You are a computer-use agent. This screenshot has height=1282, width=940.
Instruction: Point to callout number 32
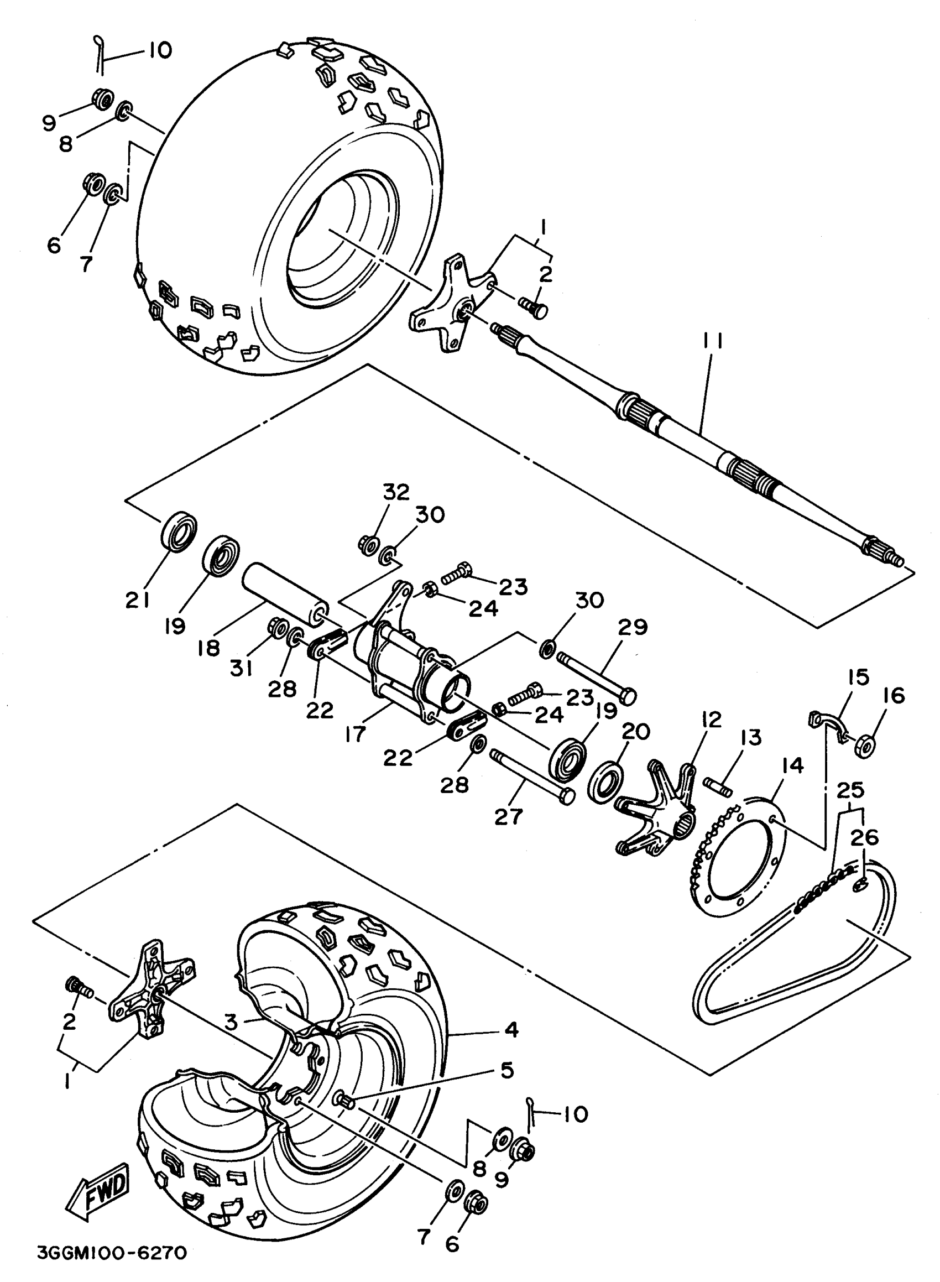tap(395, 492)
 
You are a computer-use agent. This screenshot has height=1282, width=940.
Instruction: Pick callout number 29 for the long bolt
tap(633, 627)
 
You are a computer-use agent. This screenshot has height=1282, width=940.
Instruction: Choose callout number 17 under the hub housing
tap(356, 734)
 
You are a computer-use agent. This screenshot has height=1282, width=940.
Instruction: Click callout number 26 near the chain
tap(864, 837)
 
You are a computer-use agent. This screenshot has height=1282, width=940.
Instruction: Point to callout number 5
tap(507, 1070)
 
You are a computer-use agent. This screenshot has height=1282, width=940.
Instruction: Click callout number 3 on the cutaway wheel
tap(230, 1022)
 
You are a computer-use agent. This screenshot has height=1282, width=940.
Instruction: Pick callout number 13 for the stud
tap(751, 738)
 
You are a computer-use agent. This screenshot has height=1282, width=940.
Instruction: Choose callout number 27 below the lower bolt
tap(508, 817)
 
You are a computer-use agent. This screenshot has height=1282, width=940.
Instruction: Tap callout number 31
tap(241, 669)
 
